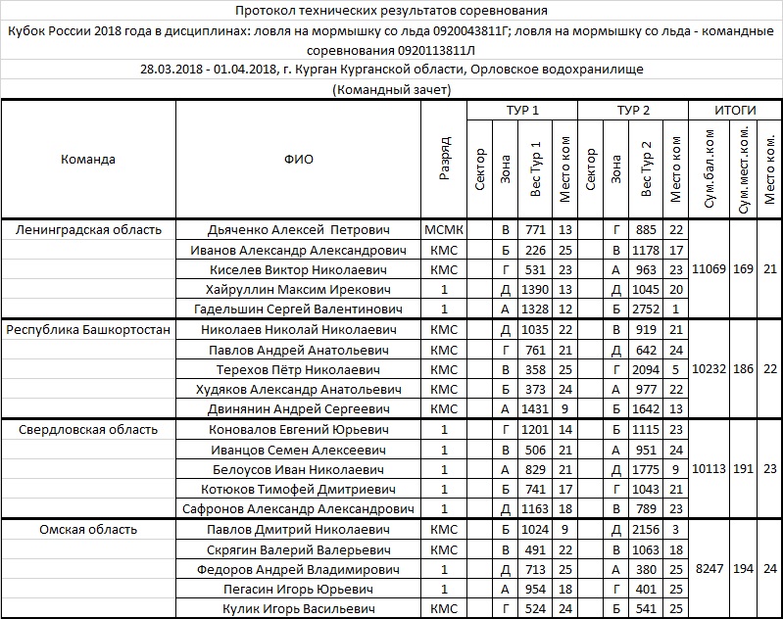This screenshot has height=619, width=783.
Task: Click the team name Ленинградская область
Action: [88, 229]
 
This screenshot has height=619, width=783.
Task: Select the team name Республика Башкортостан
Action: [88, 330]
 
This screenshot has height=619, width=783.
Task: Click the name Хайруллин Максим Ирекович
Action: [299, 290]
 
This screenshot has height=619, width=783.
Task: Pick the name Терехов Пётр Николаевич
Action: [299, 370]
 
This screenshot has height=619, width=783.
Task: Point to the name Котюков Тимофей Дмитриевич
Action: [299, 490]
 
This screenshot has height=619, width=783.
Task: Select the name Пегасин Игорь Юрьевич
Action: [299, 590]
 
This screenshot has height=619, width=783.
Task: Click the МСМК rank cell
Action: [444, 229]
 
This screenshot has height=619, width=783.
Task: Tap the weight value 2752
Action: [645, 309]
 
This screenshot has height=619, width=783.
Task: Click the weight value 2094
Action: [645, 370]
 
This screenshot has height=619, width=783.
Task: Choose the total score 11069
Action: [710, 269]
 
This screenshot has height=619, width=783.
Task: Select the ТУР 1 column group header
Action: [521, 110]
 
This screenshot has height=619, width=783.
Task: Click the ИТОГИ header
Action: [736, 110]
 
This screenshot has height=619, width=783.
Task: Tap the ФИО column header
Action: [299, 160]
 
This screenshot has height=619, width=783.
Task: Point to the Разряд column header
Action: [445, 160]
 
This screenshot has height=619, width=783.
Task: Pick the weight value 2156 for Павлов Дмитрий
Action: [645, 530]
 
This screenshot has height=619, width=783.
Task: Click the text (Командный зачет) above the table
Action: [391, 89]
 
